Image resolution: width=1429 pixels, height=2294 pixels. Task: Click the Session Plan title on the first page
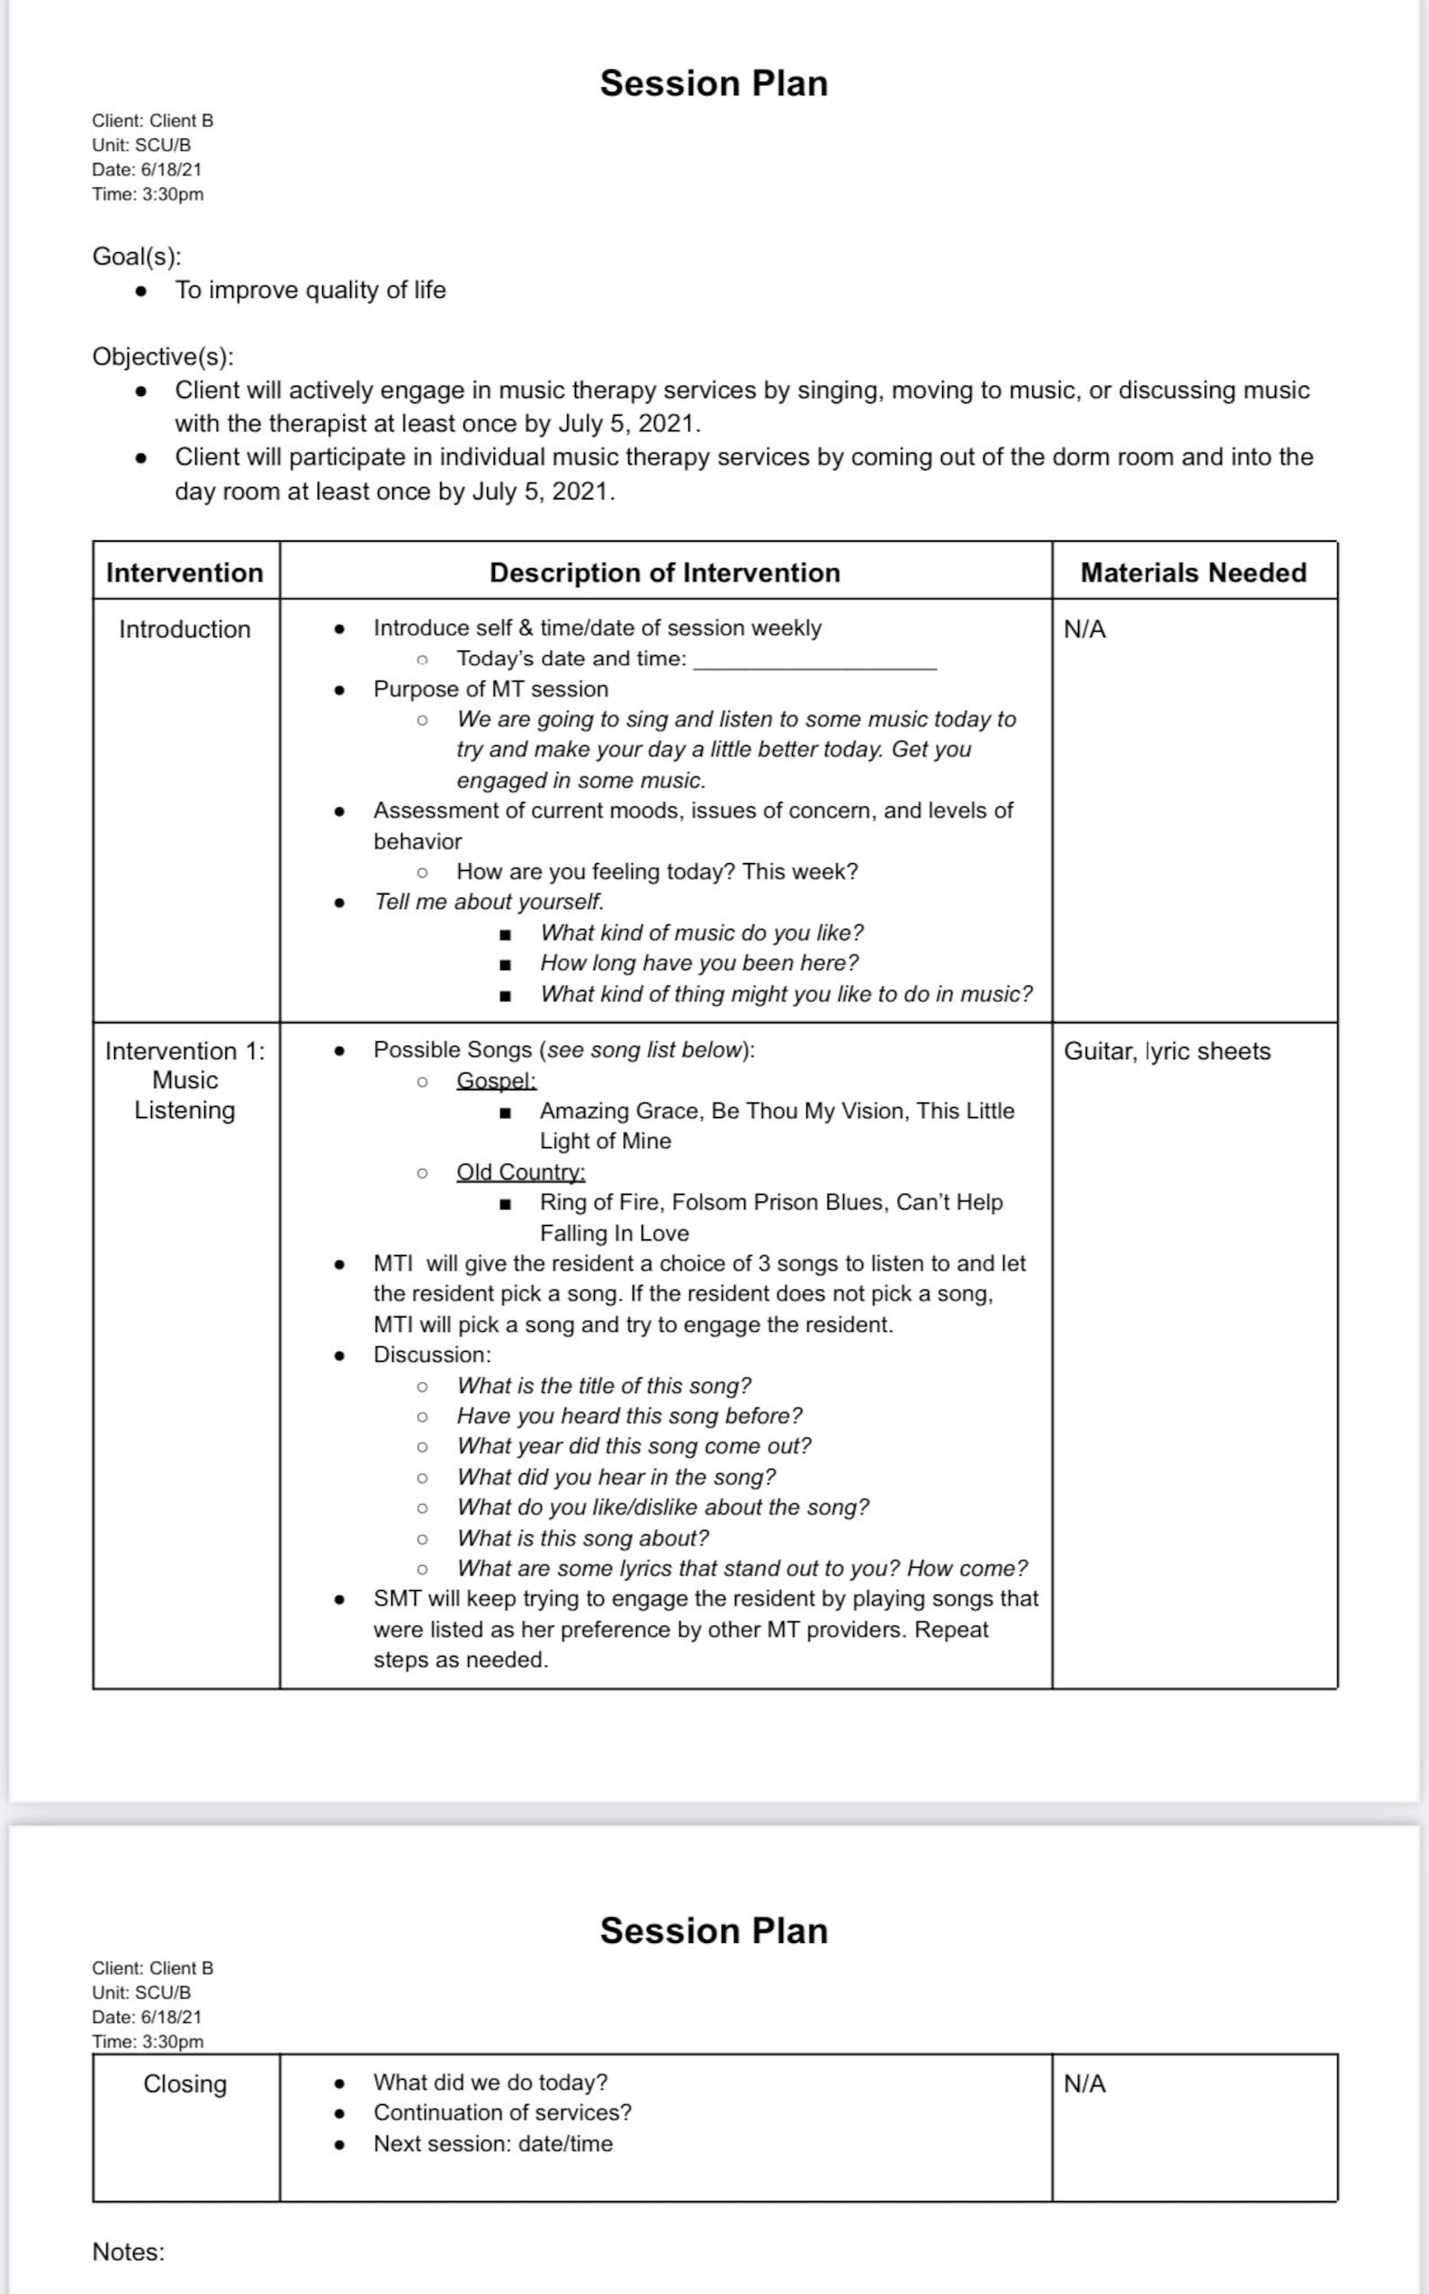(x=714, y=83)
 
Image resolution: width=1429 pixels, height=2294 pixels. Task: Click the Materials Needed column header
(x=1192, y=572)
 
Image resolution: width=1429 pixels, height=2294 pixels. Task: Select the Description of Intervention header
(x=664, y=572)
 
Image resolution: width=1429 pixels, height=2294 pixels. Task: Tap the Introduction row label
(x=184, y=629)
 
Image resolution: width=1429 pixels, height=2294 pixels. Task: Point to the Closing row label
(x=184, y=2083)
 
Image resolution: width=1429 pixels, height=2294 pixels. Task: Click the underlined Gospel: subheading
(x=496, y=1080)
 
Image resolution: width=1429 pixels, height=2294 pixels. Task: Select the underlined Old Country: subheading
(x=521, y=1172)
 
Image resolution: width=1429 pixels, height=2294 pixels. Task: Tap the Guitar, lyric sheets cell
(x=1166, y=1051)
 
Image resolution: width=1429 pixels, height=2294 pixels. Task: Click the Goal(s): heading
(x=136, y=256)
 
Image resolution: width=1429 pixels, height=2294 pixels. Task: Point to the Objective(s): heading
(x=163, y=356)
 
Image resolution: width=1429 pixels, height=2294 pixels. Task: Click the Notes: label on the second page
(x=128, y=2252)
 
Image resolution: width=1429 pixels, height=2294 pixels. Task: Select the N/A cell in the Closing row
(x=1084, y=2083)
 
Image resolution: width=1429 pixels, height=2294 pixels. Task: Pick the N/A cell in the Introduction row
(x=1084, y=629)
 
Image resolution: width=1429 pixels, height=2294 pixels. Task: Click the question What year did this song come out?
(x=634, y=1446)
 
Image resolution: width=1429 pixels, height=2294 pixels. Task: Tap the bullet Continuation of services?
(x=502, y=2112)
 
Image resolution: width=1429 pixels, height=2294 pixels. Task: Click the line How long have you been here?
(x=698, y=963)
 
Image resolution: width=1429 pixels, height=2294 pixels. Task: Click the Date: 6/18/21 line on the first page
(x=147, y=170)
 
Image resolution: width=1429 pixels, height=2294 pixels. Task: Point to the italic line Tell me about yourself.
(x=488, y=902)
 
